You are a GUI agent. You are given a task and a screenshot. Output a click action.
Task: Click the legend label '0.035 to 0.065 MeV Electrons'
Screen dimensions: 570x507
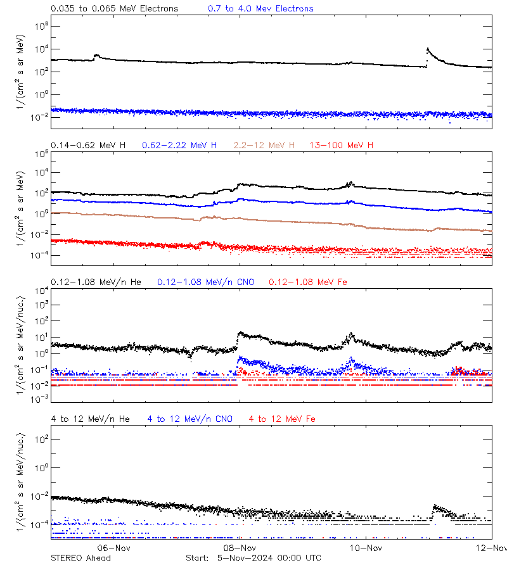[x=114, y=9]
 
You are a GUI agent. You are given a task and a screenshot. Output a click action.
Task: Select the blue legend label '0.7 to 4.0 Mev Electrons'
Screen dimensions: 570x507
[x=260, y=9]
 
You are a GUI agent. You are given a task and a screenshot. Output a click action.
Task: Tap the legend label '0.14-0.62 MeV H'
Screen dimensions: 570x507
[x=88, y=146]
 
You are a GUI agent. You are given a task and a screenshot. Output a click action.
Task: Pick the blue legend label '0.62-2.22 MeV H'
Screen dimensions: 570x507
[x=180, y=146]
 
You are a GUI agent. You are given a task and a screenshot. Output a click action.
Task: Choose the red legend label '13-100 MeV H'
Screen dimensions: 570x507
[x=342, y=146]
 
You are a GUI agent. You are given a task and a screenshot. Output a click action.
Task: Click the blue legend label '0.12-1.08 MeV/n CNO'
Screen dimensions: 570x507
[x=206, y=282]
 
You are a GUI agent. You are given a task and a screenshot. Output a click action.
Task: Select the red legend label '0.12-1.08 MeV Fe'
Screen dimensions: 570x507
[x=307, y=282]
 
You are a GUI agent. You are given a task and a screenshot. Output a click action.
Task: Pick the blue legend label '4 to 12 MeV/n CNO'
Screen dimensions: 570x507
[x=190, y=419]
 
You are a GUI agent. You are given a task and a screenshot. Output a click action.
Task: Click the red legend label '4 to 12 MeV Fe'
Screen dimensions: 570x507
[x=282, y=419]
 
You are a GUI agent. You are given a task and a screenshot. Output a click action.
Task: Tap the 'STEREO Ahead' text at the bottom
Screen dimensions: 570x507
[x=80, y=558]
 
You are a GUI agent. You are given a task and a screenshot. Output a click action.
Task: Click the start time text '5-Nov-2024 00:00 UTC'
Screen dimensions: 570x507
[x=269, y=558]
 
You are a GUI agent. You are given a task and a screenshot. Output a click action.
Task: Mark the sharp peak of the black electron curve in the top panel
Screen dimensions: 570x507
[x=428, y=49]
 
